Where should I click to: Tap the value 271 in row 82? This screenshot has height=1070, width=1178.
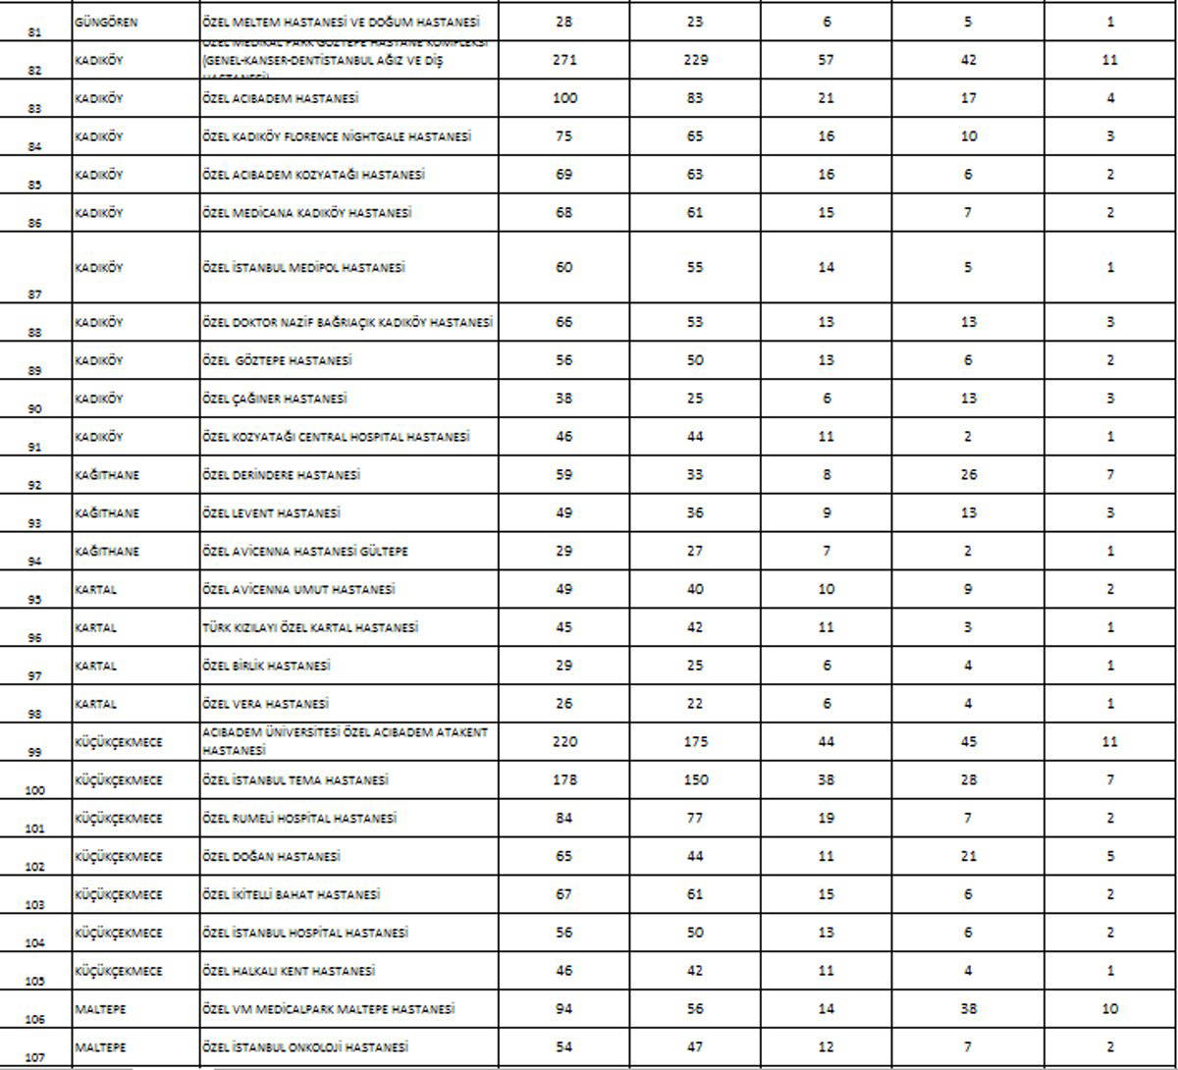pyautogui.click(x=564, y=60)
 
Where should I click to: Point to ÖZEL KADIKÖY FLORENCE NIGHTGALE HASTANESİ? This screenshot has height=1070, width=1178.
pyautogui.click(x=336, y=136)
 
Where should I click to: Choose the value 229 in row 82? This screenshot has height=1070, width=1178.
pyautogui.click(x=695, y=60)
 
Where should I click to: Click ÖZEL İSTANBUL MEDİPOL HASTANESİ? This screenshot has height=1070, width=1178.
pyautogui.click(x=303, y=267)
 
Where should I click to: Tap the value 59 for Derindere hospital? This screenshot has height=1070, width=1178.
pyautogui.click(x=564, y=475)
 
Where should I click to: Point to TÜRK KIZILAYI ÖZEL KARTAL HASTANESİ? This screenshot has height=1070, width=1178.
pyautogui.click(x=309, y=628)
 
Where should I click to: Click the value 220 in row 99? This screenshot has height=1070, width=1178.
pyautogui.click(x=564, y=742)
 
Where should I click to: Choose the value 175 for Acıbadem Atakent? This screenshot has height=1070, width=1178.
pyautogui.click(x=695, y=742)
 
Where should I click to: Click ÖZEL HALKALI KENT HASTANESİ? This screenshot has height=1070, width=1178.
pyautogui.click(x=289, y=972)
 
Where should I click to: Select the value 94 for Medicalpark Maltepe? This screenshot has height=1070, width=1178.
pyautogui.click(x=564, y=1009)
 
